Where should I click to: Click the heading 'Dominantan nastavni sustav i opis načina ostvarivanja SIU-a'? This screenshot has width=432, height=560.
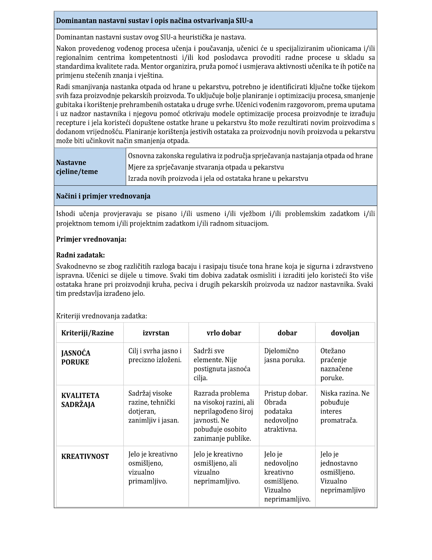tap(154, 21)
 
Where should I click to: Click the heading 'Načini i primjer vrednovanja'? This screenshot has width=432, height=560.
tap(103, 196)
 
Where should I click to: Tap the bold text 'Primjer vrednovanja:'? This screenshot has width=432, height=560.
tap(91, 239)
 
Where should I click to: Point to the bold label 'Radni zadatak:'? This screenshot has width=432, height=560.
tap(80, 255)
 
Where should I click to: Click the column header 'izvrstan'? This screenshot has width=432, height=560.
tap(156, 333)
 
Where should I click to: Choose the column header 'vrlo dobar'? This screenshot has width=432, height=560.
tap(224, 333)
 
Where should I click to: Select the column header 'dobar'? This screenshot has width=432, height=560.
tap(287, 333)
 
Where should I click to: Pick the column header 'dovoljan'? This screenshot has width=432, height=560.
tap(345, 333)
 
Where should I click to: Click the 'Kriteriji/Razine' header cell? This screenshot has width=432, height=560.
tap(88, 333)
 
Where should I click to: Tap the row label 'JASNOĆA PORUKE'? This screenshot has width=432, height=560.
tap(76, 357)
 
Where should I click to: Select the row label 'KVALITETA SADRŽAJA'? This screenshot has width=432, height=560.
tap(80, 400)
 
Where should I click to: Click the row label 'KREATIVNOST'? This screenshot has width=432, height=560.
tap(85, 457)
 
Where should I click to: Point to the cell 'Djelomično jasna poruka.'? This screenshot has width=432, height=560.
tap(284, 355)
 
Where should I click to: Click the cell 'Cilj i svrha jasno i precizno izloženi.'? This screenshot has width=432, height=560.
tap(155, 355)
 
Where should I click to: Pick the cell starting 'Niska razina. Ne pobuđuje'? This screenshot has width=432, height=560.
tap(345, 407)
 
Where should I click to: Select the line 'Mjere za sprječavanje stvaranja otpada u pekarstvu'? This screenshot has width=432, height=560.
tap(206, 167)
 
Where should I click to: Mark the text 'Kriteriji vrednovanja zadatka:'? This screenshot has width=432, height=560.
tap(102, 316)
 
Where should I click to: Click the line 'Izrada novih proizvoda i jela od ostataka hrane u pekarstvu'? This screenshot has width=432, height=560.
tap(218, 179)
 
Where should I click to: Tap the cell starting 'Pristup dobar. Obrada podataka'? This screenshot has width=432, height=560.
tap(286, 411)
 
